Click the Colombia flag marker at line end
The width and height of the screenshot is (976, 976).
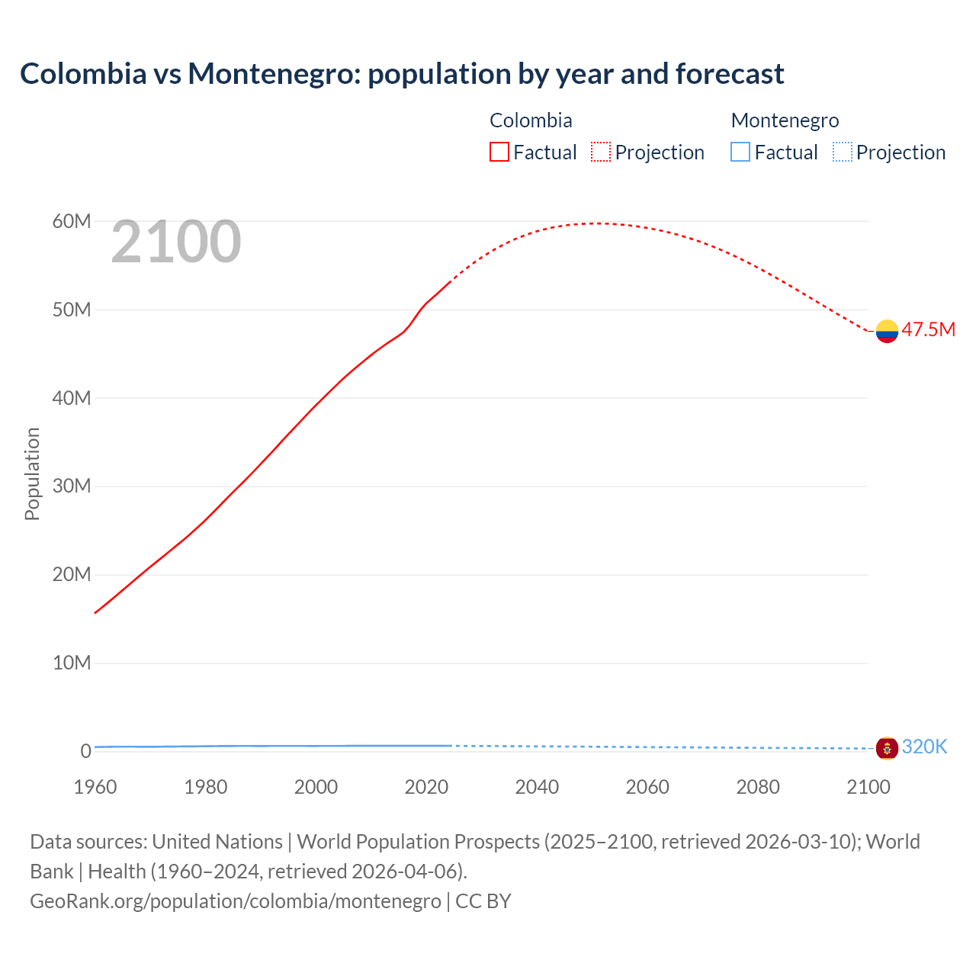[887, 331]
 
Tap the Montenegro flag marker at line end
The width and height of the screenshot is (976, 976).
[887, 748]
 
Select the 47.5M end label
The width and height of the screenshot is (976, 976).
[928, 329]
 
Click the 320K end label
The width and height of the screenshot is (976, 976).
[924, 746]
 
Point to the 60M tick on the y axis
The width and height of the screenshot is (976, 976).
[72, 221]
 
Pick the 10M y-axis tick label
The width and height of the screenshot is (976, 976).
[72, 663]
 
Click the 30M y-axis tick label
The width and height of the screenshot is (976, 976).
[72, 486]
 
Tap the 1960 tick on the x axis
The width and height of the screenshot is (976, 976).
[95, 787]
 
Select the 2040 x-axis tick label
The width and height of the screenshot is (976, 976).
[537, 787]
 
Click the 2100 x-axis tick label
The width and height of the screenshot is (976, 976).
[868, 787]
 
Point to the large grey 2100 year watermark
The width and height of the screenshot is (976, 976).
[176, 242]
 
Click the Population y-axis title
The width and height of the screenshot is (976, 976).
[32, 474]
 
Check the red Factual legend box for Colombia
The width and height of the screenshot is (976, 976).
[499, 152]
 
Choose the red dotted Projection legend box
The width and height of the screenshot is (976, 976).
[601, 152]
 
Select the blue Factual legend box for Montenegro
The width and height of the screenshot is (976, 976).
[740, 152]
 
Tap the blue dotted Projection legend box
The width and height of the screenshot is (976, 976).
[843, 152]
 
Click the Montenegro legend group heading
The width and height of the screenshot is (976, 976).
[785, 120]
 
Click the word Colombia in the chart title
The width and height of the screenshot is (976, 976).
[83, 74]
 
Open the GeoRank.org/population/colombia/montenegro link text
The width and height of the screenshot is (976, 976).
[236, 901]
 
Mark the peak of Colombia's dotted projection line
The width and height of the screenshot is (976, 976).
[599, 223]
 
